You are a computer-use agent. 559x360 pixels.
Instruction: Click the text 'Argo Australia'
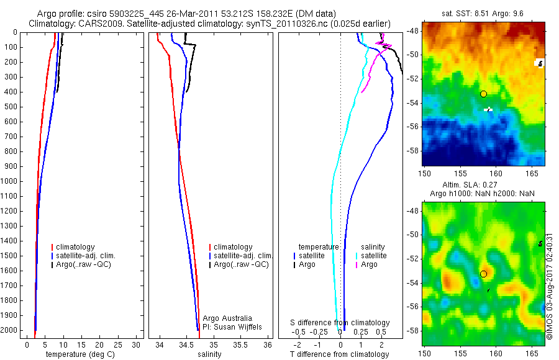pos(227,318)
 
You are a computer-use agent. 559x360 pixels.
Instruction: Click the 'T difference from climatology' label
pos(340,354)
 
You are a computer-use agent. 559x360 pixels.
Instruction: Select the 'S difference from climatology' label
pos(340,323)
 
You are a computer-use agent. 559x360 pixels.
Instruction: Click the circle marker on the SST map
pos(483,94)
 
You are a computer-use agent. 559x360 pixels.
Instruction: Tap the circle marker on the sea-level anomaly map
pos(483,274)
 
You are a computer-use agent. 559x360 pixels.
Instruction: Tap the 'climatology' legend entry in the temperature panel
pos(76,247)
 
